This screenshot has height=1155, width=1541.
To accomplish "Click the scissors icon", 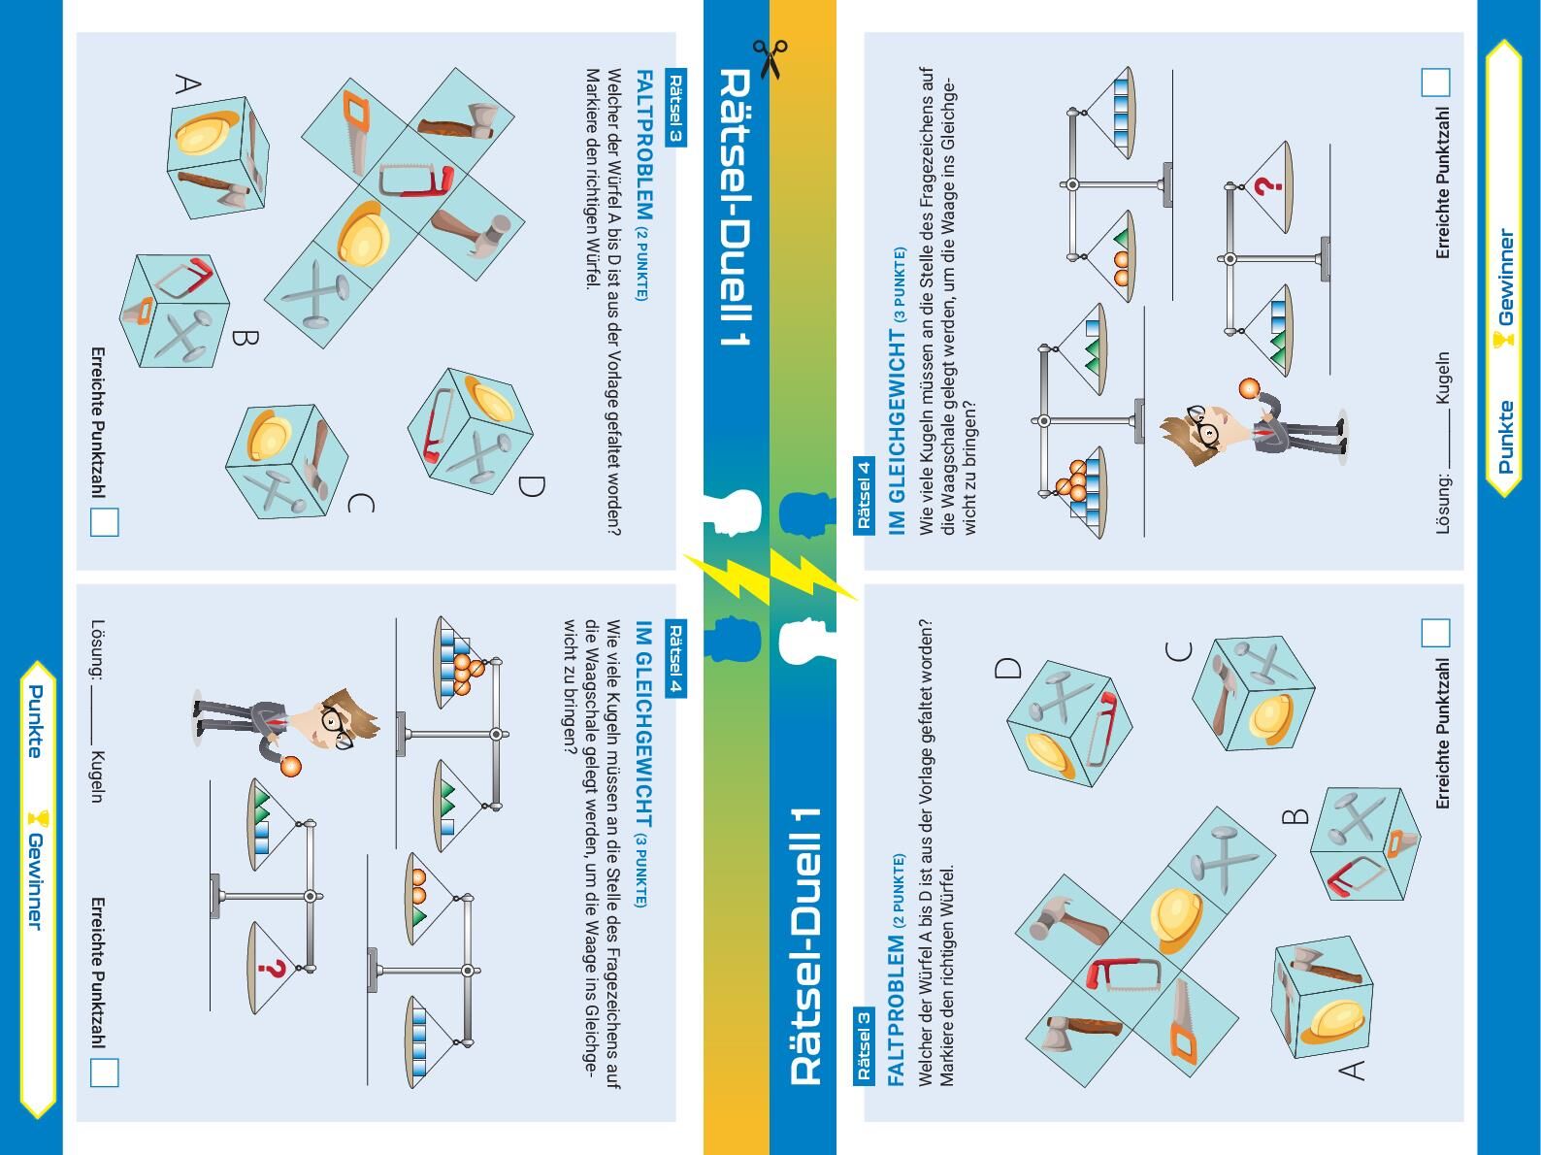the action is coord(770,59).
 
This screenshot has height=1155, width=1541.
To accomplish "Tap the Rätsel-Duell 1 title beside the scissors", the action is coord(735,207).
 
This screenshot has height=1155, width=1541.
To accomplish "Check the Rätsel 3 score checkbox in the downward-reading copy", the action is coord(105,521).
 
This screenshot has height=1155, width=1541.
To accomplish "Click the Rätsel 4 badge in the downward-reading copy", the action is coord(675,658).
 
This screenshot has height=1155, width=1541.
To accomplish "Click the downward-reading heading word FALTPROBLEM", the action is coord(643,145).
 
